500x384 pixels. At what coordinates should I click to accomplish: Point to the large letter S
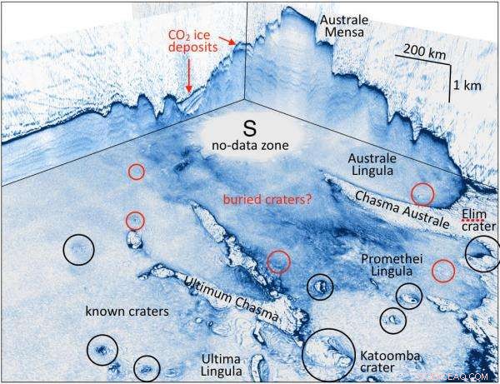[248, 127]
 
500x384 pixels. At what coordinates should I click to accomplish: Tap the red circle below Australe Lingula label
[422, 193]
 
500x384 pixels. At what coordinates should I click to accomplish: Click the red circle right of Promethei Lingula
[443, 270]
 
